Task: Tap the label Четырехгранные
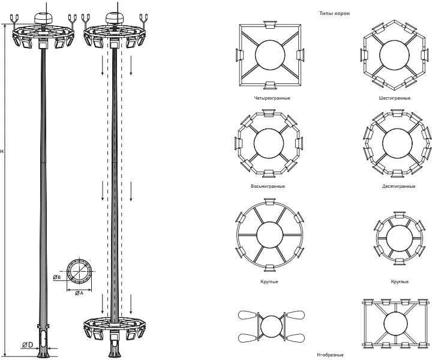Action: pyautogui.click(x=268, y=98)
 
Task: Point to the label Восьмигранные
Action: pyautogui.click(x=268, y=187)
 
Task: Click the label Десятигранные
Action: pyautogui.click(x=398, y=187)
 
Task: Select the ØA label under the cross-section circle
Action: pyautogui.click(x=79, y=293)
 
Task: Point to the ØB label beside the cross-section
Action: pyautogui.click(x=56, y=277)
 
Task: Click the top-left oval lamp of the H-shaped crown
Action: pyautogui.click(x=247, y=316)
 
